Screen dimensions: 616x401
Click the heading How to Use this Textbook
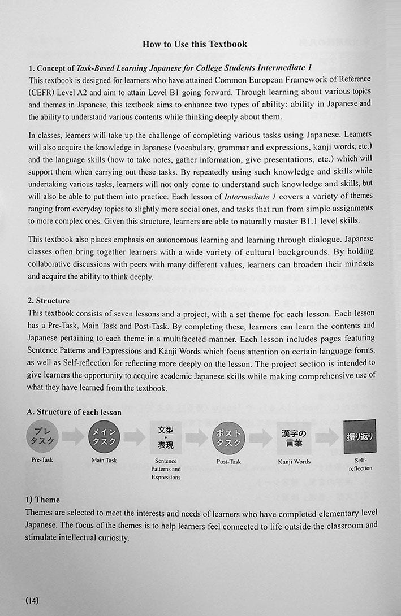click(x=195, y=44)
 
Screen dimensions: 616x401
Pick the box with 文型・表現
click(x=166, y=436)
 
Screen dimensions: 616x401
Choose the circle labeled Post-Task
click(x=228, y=436)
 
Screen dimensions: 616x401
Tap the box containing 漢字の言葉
click(x=294, y=436)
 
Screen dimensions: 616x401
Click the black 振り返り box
click(x=360, y=436)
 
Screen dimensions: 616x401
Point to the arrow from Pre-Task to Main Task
click(x=73, y=436)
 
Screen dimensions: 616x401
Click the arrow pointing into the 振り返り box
click(x=327, y=436)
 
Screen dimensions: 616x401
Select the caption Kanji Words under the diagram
click(x=294, y=462)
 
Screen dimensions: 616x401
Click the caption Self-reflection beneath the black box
click(x=360, y=465)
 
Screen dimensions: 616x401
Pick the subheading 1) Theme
click(x=42, y=500)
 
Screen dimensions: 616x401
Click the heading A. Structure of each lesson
click(x=74, y=413)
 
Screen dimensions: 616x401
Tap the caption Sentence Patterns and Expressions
click(x=166, y=469)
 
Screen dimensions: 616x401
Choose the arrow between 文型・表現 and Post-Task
click(x=197, y=436)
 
